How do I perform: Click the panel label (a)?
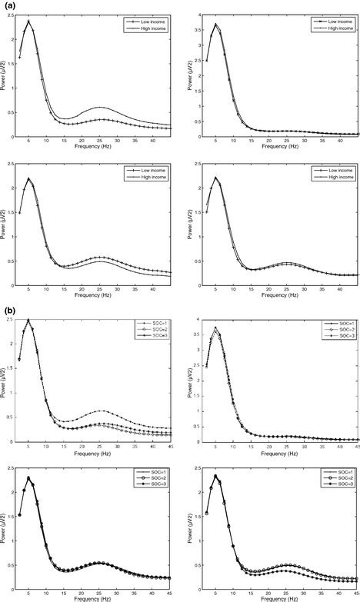point(7,6)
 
